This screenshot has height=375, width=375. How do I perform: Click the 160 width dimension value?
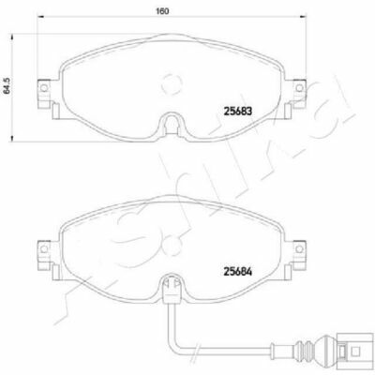[x=162, y=11]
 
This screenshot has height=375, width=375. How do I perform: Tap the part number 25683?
[x=237, y=111]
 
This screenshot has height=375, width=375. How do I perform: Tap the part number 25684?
[x=237, y=272]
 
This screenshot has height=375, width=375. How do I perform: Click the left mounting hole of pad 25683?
[x=44, y=88]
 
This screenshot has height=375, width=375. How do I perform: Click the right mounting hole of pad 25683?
[x=299, y=88]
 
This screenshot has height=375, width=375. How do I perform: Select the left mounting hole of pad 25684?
[x=44, y=249]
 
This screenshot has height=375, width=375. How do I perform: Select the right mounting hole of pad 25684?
[x=299, y=249]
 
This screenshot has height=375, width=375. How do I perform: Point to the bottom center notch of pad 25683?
[x=172, y=125]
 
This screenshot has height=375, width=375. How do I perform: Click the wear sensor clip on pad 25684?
[x=172, y=289]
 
